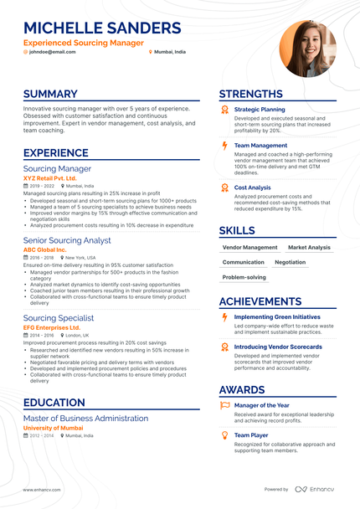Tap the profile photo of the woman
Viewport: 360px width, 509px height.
pos(307,48)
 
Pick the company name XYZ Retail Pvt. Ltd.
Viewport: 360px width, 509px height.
pos(49,178)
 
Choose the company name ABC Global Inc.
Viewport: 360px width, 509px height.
pos(44,249)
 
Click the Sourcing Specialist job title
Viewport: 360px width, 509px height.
pos(59,318)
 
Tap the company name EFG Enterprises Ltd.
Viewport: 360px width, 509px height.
pos(53,327)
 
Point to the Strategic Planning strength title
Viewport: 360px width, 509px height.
pos(260,110)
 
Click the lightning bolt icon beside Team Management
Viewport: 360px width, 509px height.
pos(224,146)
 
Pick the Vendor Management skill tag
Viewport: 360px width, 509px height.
pos(249,248)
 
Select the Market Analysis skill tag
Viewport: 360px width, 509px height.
pos(309,248)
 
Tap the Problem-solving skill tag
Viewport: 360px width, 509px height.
pos(244,277)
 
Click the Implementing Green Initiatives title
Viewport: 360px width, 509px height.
pos(276,317)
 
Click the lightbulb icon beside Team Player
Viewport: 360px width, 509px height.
pos(224,435)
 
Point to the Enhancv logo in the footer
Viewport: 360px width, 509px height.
pos(314,489)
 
